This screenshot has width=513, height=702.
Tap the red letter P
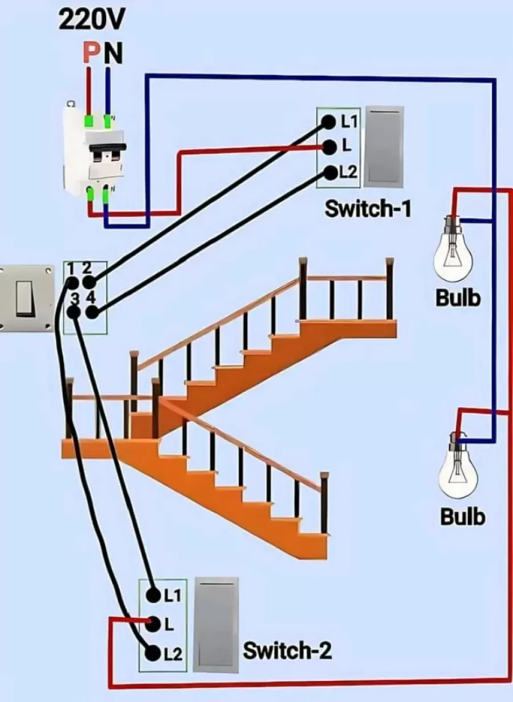90,54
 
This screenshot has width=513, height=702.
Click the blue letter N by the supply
114,54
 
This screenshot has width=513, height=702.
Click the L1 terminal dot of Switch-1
328,121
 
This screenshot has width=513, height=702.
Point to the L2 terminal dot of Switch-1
329,171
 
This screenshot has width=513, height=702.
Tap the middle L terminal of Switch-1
328,146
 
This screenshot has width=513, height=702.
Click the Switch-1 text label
368,209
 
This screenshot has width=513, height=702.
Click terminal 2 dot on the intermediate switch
88,282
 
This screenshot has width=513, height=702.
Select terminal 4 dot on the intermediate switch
91,312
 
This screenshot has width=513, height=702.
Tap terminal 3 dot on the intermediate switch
74,312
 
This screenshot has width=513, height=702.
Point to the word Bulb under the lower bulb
462,516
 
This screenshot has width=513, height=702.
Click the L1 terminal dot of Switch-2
153,596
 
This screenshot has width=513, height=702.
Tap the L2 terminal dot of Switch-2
152,654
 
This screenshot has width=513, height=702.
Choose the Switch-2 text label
287,650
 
